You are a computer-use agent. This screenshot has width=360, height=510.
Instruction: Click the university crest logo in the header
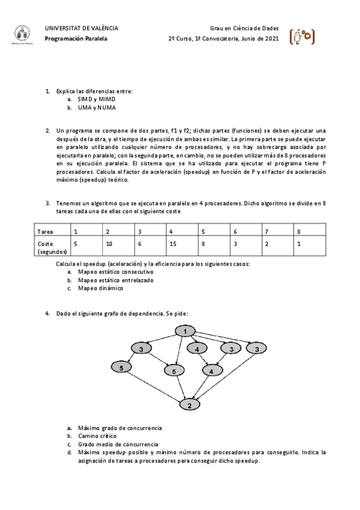coord(22,35)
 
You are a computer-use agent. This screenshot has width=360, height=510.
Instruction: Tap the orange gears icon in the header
coord(301,37)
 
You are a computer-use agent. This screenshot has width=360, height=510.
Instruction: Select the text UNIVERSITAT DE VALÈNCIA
coord(81,28)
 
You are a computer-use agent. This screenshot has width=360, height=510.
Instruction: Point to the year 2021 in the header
coord(272,38)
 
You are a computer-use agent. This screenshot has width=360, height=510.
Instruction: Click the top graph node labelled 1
coord(186,331)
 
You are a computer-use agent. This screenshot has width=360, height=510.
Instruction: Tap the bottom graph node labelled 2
coord(190,405)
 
